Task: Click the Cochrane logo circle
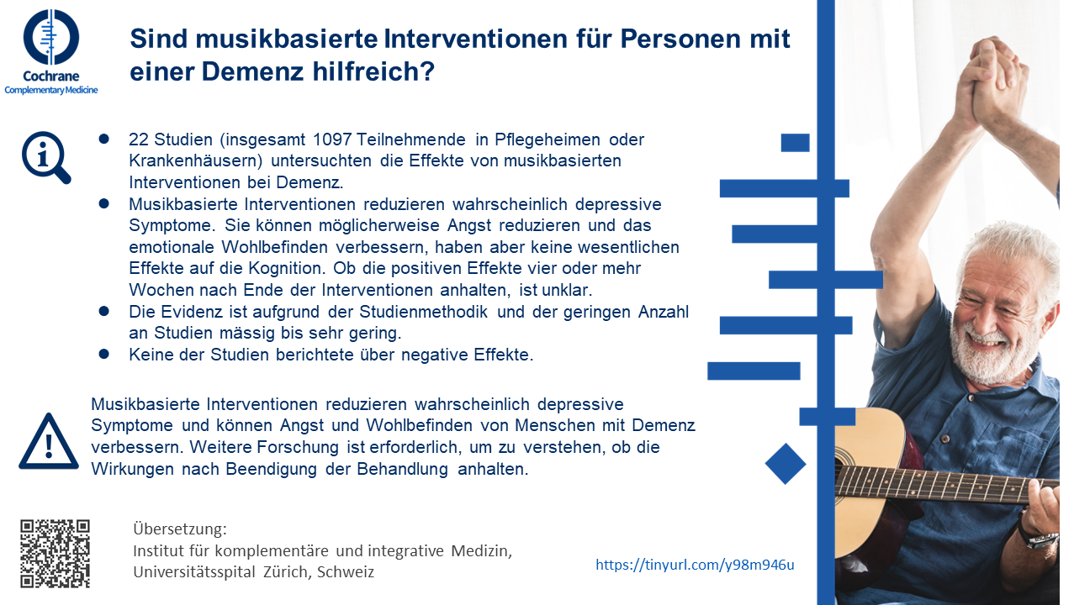coord(51,38)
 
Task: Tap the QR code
coord(55,553)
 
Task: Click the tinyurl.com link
coord(695,565)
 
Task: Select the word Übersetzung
coord(180,529)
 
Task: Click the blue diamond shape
coord(786,464)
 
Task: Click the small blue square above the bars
coord(795,143)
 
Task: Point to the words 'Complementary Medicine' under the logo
coord(51,89)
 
